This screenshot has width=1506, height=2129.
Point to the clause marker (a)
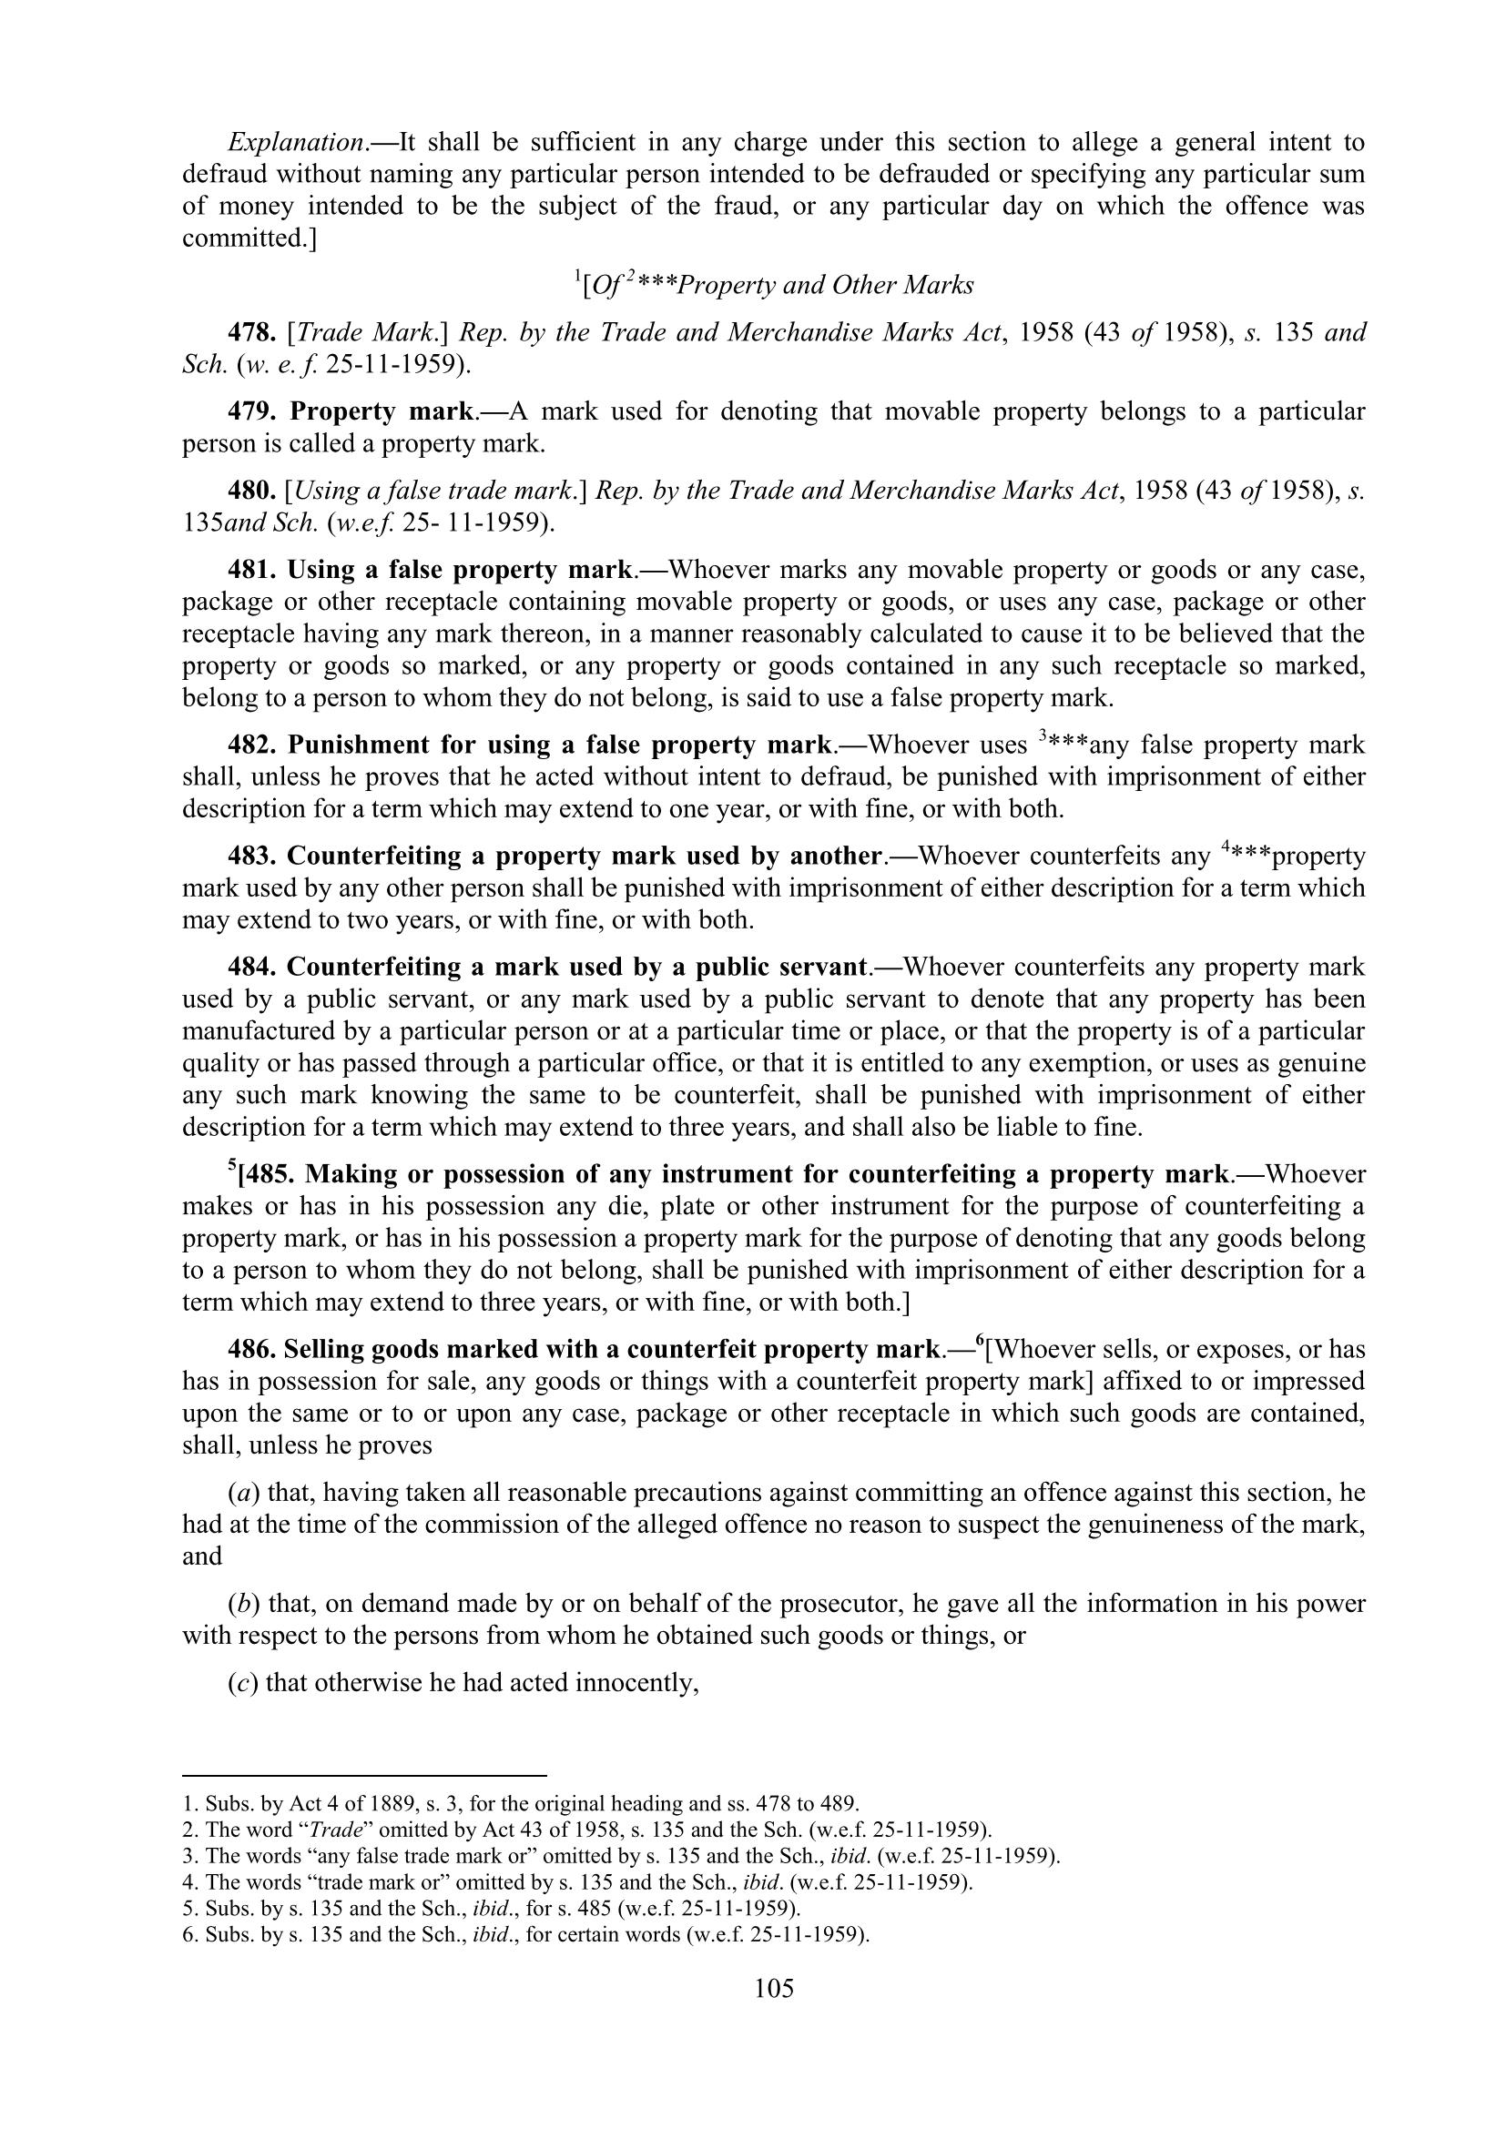pos(243,1493)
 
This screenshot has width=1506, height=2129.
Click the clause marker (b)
pos(243,1604)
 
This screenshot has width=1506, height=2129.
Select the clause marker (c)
pos(243,1683)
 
